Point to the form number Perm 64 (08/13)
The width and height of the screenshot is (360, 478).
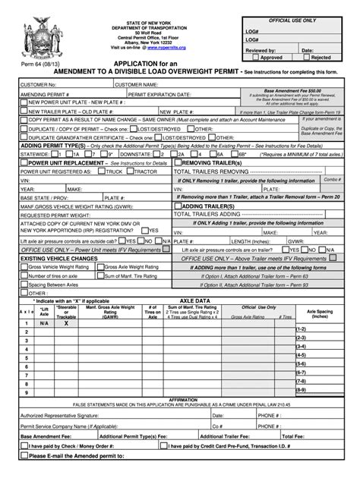[36, 65]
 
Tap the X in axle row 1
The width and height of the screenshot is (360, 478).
[66, 322]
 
